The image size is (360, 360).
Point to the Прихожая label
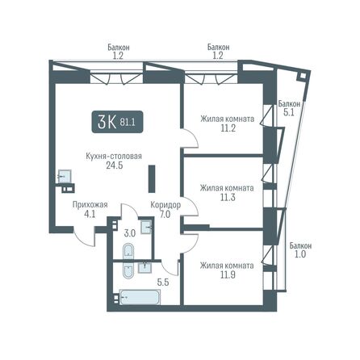click(90, 205)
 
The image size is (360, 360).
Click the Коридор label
click(165, 205)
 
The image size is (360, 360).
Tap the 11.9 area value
click(228, 274)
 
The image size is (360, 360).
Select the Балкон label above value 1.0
click(300, 245)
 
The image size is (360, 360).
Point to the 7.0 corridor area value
click(165, 216)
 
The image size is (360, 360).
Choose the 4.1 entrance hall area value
click(90, 216)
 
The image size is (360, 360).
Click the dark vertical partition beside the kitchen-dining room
click(151, 178)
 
